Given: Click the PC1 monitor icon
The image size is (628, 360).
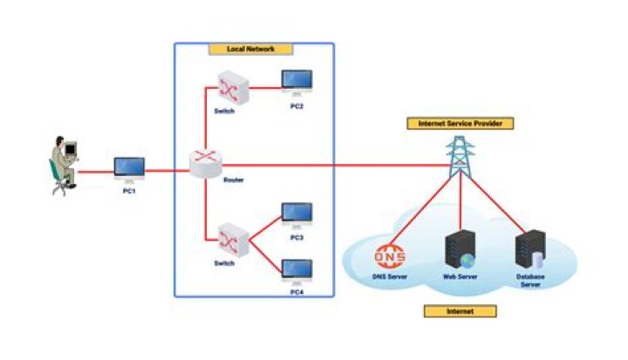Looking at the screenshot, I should (129, 167).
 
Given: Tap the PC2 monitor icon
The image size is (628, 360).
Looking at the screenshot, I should (296, 81).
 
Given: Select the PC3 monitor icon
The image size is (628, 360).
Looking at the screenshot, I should (296, 214).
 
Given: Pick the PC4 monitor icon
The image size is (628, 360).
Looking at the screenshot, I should (296, 269).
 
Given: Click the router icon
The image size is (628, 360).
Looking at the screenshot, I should (207, 163).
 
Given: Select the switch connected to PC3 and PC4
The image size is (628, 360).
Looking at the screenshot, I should (230, 237).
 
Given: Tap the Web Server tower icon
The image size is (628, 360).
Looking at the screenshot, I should (459, 251).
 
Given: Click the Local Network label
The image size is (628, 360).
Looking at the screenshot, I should (252, 49).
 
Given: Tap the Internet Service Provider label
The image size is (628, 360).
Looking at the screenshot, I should (460, 124).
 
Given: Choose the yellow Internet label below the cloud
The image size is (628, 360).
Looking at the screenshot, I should (460, 311).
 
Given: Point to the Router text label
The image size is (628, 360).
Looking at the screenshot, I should (233, 180).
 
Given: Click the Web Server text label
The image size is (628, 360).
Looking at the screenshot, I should (459, 278).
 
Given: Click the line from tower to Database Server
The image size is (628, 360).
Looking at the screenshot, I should (497, 203).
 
